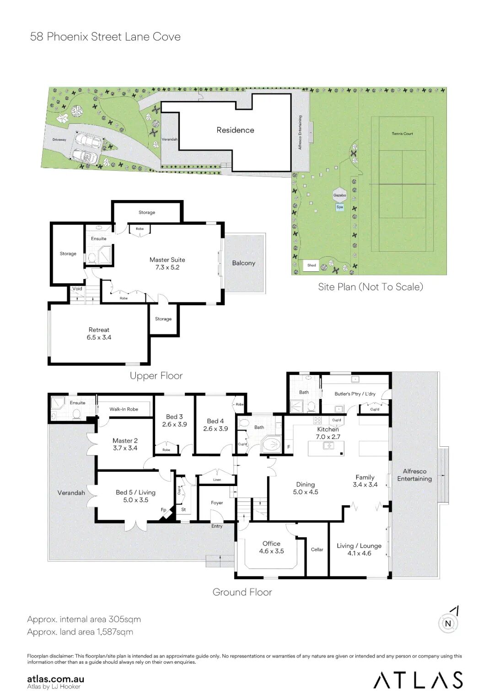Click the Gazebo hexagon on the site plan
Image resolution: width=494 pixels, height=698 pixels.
(x=339, y=196)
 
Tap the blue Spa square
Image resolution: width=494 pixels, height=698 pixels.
(x=339, y=207)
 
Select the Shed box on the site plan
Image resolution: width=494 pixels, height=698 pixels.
(x=311, y=265)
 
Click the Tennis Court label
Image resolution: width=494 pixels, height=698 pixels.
(x=402, y=134)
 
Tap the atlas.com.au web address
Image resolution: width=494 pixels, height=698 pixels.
(x=55, y=679)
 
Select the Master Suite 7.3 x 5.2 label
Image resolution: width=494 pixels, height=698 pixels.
(x=167, y=263)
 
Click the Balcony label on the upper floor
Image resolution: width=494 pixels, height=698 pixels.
(x=244, y=263)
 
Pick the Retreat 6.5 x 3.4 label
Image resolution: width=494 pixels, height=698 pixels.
(x=99, y=333)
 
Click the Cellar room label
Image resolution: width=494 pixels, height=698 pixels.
(x=317, y=550)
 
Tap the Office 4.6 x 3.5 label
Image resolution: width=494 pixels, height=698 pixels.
(x=272, y=547)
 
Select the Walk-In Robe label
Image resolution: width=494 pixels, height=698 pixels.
(x=123, y=409)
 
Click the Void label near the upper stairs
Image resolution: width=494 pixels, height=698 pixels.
(x=77, y=289)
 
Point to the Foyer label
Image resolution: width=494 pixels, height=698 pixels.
(x=217, y=502)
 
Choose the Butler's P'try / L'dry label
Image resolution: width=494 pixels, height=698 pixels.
(x=355, y=394)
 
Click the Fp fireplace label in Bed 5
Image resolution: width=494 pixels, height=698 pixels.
(x=163, y=510)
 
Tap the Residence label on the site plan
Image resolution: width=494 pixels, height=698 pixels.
(x=235, y=130)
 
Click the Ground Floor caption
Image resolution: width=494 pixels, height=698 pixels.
(x=242, y=592)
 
